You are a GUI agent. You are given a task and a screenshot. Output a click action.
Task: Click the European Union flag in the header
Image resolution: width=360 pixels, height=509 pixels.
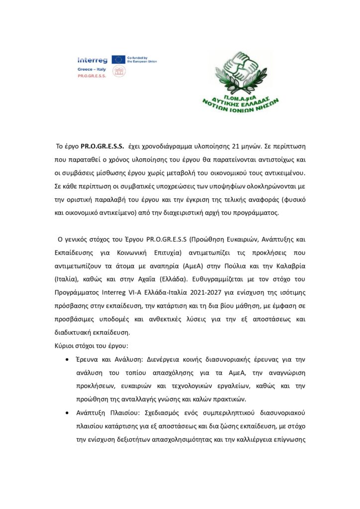[x=118, y=59]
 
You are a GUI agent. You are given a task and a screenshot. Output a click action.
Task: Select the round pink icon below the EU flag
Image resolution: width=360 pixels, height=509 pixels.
[x=118, y=72]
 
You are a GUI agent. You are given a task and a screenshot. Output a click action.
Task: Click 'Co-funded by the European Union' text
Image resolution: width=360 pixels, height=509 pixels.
[x=142, y=59]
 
